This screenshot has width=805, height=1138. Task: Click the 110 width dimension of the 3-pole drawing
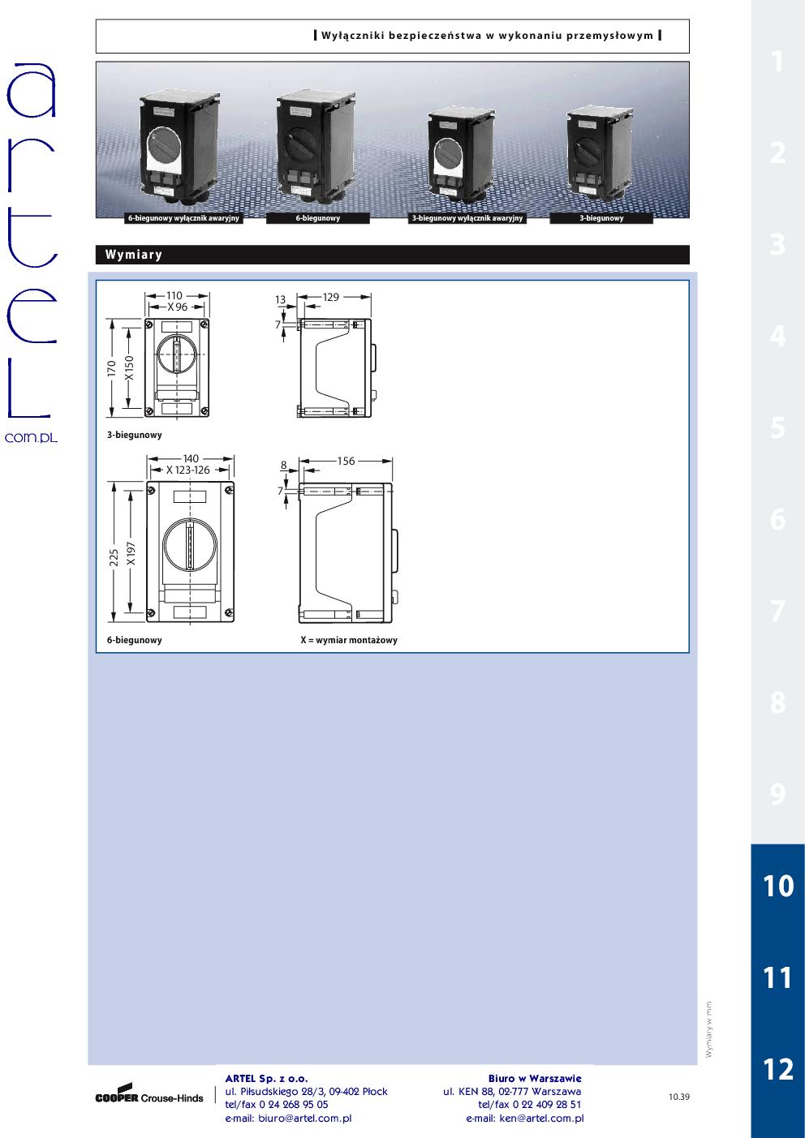point(174,296)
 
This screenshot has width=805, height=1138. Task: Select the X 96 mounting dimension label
point(178,307)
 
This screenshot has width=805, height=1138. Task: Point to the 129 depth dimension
point(331,297)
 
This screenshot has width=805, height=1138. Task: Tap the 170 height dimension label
point(112,368)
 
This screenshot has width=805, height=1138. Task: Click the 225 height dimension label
point(114,557)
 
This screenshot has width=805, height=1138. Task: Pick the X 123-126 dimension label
point(188,470)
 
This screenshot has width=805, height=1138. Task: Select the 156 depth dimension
point(346,462)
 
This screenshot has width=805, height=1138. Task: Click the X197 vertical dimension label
point(131,554)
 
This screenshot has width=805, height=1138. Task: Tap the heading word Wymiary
point(134,255)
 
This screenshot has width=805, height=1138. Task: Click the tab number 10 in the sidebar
point(778,886)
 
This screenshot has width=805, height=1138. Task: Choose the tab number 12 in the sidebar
point(778,1069)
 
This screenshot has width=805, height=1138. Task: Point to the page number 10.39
point(679,1097)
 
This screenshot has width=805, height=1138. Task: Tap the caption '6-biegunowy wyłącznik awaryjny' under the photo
point(183,218)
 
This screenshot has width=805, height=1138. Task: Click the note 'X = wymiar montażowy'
point(349,640)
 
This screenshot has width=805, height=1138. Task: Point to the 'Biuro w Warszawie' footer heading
point(535,1079)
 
